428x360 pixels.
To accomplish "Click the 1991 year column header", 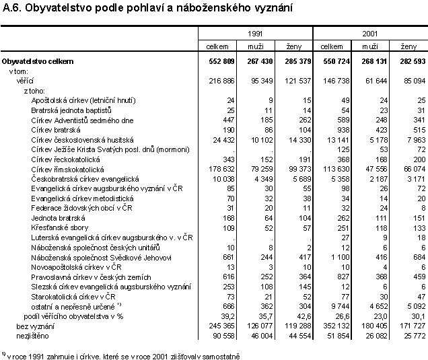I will point(256,32).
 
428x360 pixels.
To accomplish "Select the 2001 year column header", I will point(369,32).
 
